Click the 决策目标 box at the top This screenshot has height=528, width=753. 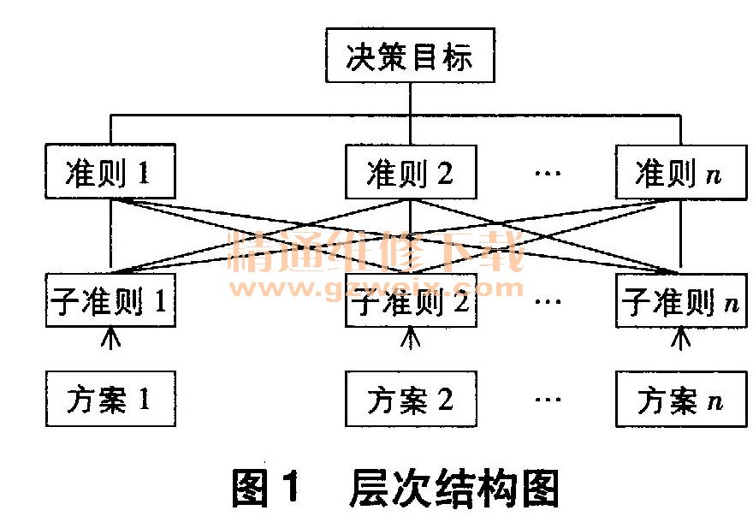pos(410,59)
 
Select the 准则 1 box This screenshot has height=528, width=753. pos(109,172)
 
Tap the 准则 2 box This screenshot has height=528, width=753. pos(410,172)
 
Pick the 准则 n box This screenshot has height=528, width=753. pos(680,172)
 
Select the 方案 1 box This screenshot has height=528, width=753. pos(109,398)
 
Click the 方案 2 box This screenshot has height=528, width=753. pos(410,398)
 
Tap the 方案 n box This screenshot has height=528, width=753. pos(680,398)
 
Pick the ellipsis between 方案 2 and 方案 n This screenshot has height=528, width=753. pos(547,400)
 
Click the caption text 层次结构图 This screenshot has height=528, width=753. pos(454,490)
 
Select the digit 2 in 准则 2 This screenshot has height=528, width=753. pos(445,174)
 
